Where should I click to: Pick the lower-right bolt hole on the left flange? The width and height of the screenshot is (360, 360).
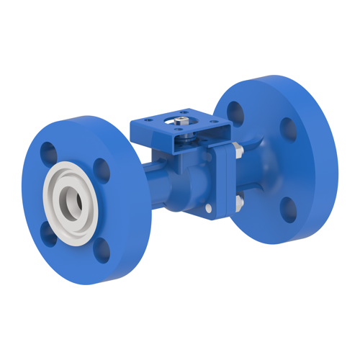(x=103, y=249)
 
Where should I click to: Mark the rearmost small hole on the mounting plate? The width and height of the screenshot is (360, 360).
(x=186, y=112)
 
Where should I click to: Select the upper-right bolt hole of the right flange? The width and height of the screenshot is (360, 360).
(x=287, y=129)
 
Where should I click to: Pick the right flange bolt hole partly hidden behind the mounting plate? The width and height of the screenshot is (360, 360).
(x=235, y=112)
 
